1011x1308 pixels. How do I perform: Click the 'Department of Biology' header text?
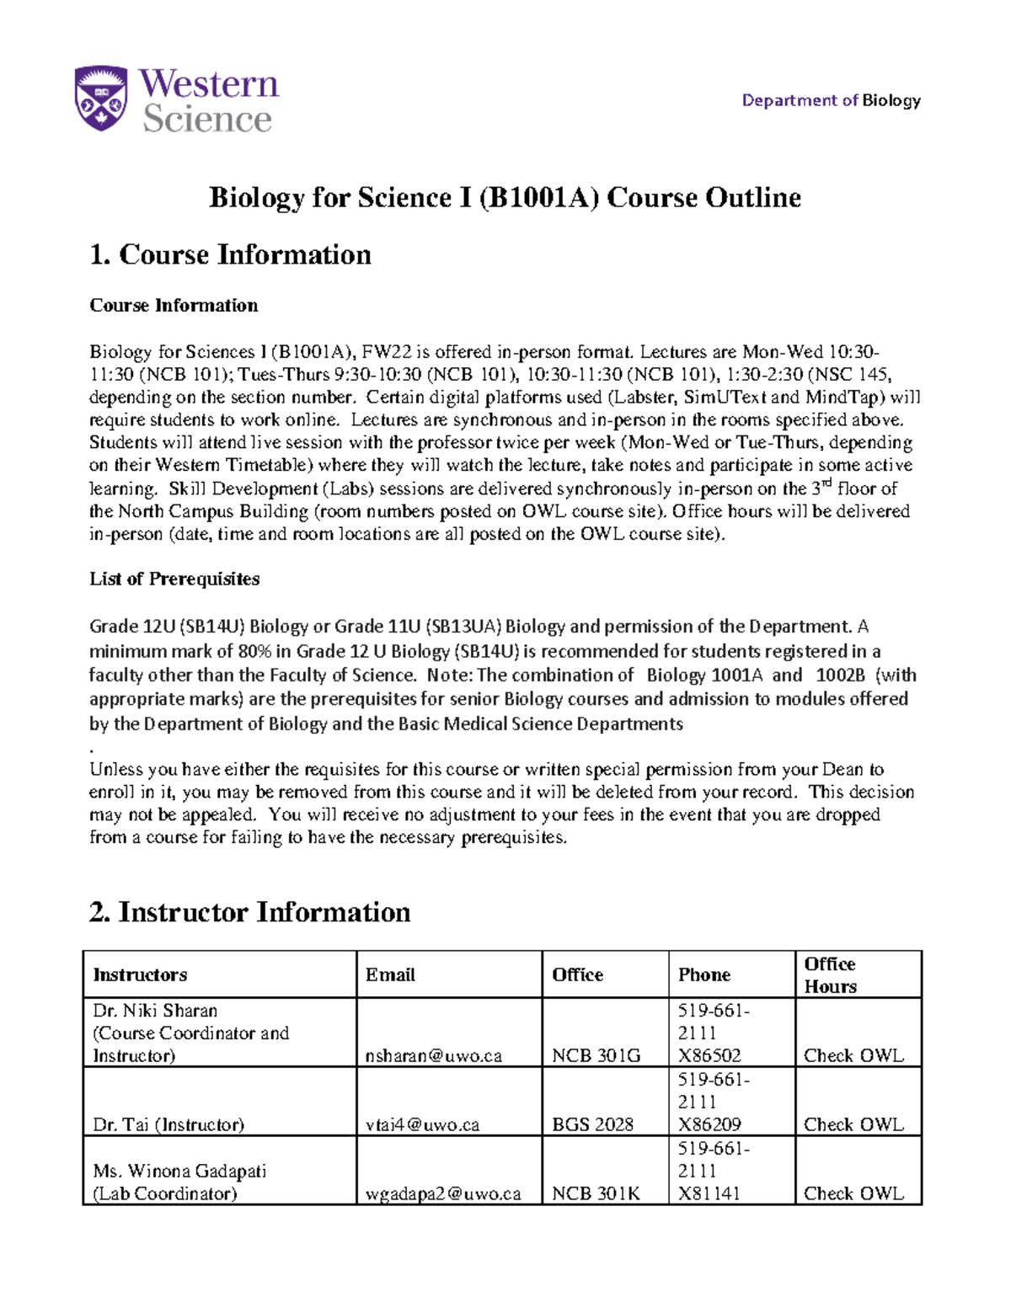tap(831, 100)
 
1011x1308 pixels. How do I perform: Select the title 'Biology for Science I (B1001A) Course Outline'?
tap(505, 198)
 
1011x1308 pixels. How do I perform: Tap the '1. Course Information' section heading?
tap(230, 254)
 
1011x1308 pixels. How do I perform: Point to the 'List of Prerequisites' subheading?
tap(174, 579)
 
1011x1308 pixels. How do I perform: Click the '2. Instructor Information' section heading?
tap(249, 912)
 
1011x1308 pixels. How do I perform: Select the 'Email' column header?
tap(390, 974)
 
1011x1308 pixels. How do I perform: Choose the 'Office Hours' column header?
tap(830, 974)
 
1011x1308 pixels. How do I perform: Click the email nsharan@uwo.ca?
tap(434, 1055)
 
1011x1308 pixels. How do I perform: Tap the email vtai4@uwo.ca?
tap(422, 1124)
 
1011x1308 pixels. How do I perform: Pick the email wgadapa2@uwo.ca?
tap(443, 1193)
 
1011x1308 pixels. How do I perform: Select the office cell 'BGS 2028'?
tap(592, 1124)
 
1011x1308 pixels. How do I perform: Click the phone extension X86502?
tap(709, 1055)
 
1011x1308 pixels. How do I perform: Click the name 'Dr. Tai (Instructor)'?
tap(168, 1124)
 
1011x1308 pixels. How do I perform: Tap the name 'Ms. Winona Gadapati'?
tap(179, 1171)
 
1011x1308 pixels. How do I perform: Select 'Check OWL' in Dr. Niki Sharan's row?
tap(853, 1055)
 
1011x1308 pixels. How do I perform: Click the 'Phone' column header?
tap(704, 974)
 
